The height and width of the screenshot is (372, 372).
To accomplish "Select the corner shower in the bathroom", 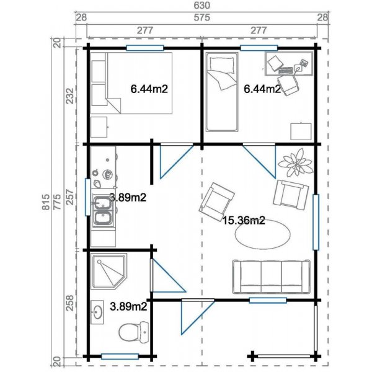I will (x=108, y=273).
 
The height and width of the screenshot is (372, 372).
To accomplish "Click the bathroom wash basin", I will (x=98, y=312).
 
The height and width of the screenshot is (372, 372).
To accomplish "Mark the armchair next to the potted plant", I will (x=290, y=194).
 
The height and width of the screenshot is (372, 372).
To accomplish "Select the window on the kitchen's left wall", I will (x=86, y=197).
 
